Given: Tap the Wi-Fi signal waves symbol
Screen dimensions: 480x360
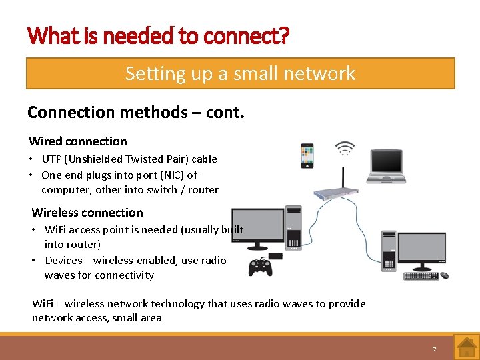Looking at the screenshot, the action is pos(344,147).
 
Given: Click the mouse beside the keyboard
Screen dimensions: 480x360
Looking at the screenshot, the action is pos(443,275).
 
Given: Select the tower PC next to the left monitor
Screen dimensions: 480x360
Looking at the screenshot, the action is pos(293,227).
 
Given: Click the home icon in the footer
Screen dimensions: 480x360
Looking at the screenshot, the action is pos(466,347).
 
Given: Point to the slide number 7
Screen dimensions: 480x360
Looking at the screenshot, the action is pos(434,349).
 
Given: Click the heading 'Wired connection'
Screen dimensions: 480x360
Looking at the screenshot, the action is pos(78,141).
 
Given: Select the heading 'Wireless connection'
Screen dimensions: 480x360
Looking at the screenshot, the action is pos(87,213).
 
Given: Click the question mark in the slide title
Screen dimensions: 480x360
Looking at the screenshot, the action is pos(285,35).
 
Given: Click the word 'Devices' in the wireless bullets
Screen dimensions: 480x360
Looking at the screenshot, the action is pos(64,260).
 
